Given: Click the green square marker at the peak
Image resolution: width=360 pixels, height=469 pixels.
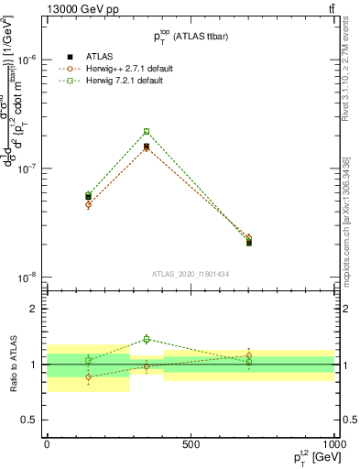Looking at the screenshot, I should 147,131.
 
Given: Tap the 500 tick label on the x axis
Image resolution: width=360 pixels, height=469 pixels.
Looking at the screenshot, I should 191,444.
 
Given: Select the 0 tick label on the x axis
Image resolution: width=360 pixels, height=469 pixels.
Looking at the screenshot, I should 47,444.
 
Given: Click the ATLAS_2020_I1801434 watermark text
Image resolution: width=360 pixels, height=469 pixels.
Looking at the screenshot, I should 191,274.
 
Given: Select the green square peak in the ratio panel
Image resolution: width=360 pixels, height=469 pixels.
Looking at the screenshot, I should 147,339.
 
